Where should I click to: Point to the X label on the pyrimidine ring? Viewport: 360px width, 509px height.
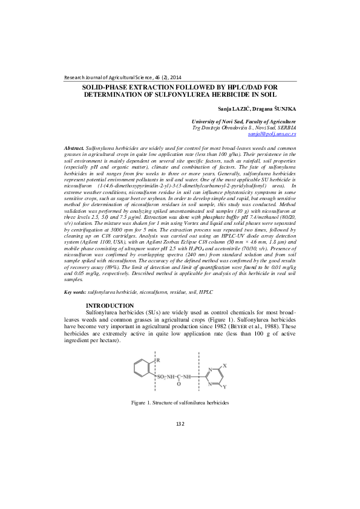(224, 366)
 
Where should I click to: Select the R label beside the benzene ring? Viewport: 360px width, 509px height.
(159, 361)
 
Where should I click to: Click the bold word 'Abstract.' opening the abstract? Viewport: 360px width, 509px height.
(74, 148)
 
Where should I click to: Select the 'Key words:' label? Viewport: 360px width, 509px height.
(76, 292)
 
